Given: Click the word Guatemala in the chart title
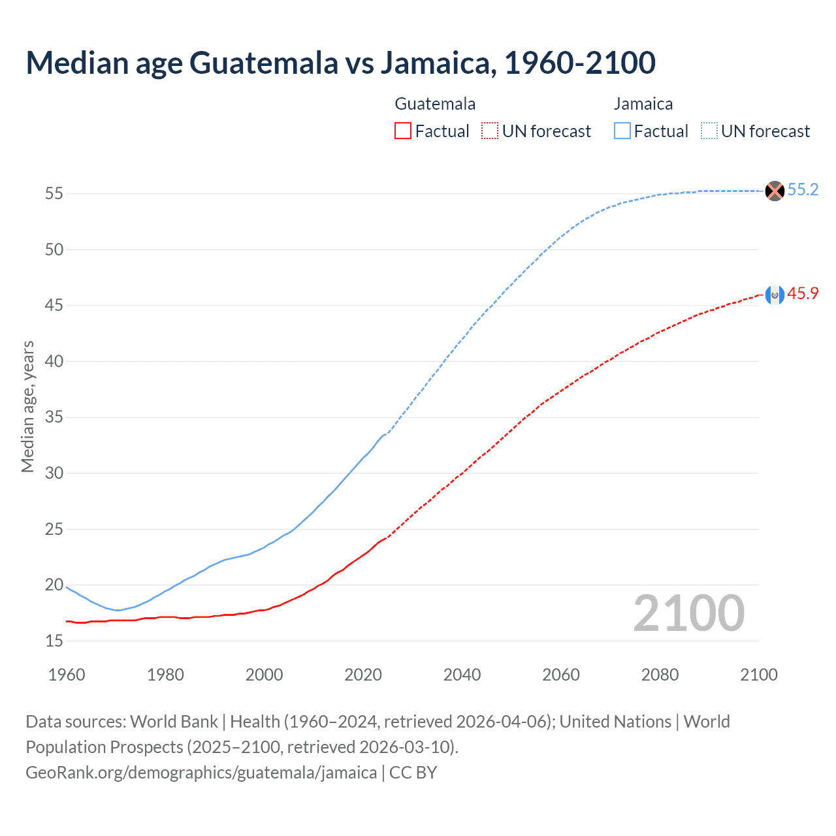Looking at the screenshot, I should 263,63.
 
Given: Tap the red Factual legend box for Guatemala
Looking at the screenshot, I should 403,131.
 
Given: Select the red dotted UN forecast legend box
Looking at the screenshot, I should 490,131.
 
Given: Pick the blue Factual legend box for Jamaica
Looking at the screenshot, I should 622,131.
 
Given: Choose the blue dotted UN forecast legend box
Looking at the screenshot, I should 709,131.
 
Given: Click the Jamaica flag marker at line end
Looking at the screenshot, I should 774,191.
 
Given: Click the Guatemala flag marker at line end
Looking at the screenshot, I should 774,295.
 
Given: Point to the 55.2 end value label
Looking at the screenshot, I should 803,189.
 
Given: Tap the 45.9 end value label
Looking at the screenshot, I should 803,294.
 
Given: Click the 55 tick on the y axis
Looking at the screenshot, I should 54,194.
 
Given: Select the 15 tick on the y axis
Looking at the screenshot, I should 54,641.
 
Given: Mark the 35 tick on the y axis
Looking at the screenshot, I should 54,417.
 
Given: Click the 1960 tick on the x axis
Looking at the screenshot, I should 67,675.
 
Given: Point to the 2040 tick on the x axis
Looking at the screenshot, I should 462,675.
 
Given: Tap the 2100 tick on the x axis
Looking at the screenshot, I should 758,675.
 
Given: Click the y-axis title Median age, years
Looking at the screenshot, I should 27,406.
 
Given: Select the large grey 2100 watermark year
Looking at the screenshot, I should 688,613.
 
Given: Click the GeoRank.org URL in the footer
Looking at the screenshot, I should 201,773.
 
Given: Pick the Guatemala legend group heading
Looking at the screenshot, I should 435,104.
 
